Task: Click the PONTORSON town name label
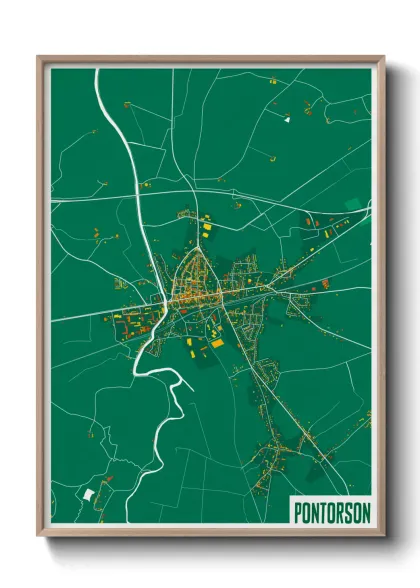[x=331, y=512]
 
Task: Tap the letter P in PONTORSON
[x=299, y=512]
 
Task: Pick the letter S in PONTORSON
[x=347, y=512]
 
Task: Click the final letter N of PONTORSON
[x=364, y=512]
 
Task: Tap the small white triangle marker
[x=287, y=120]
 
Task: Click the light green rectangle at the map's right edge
[x=353, y=204]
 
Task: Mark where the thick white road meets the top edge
[x=97, y=71]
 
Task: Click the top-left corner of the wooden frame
[x=39, y=57]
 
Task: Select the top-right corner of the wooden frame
[x=384, y=57]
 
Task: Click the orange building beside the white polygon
[x=99, y=489]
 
